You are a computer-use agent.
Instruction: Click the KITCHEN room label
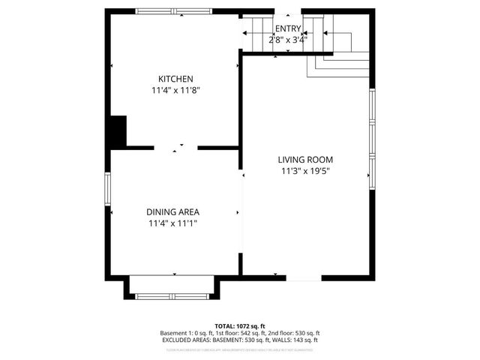pyautogui.click(x=175, y=79)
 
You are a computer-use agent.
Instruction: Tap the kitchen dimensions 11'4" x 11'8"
pyautogui.click(x=175, y=90)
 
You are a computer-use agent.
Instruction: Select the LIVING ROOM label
pyautogui.click(x=304, y=159)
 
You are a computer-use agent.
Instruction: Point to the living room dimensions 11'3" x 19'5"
pyautogui.click(x=304, y=171)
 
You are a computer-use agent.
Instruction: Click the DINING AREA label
pyautogui.click(x=172, y=211)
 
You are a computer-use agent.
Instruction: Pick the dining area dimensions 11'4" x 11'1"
pyautogui.click(x=172, y=223)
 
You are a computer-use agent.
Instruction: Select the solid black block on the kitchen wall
pyautogui.click(x=117, y=132)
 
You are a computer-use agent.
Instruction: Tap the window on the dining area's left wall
pyautogui.click(x=107, y=194)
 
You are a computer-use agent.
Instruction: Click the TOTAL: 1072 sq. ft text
pyautogui.click(x=239, y=326)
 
